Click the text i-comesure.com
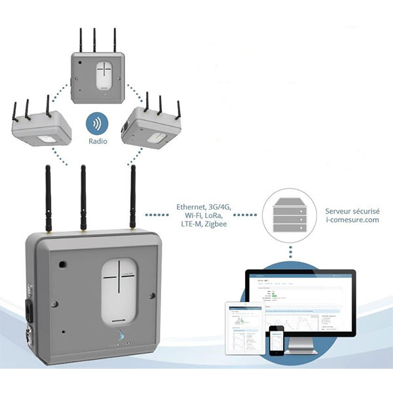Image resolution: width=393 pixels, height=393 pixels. coord(352,221)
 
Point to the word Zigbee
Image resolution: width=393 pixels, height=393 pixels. coord(219,225)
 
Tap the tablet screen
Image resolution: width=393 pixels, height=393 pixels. coord(244,327)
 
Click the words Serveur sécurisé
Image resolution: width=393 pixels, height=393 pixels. coord(352,211)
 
